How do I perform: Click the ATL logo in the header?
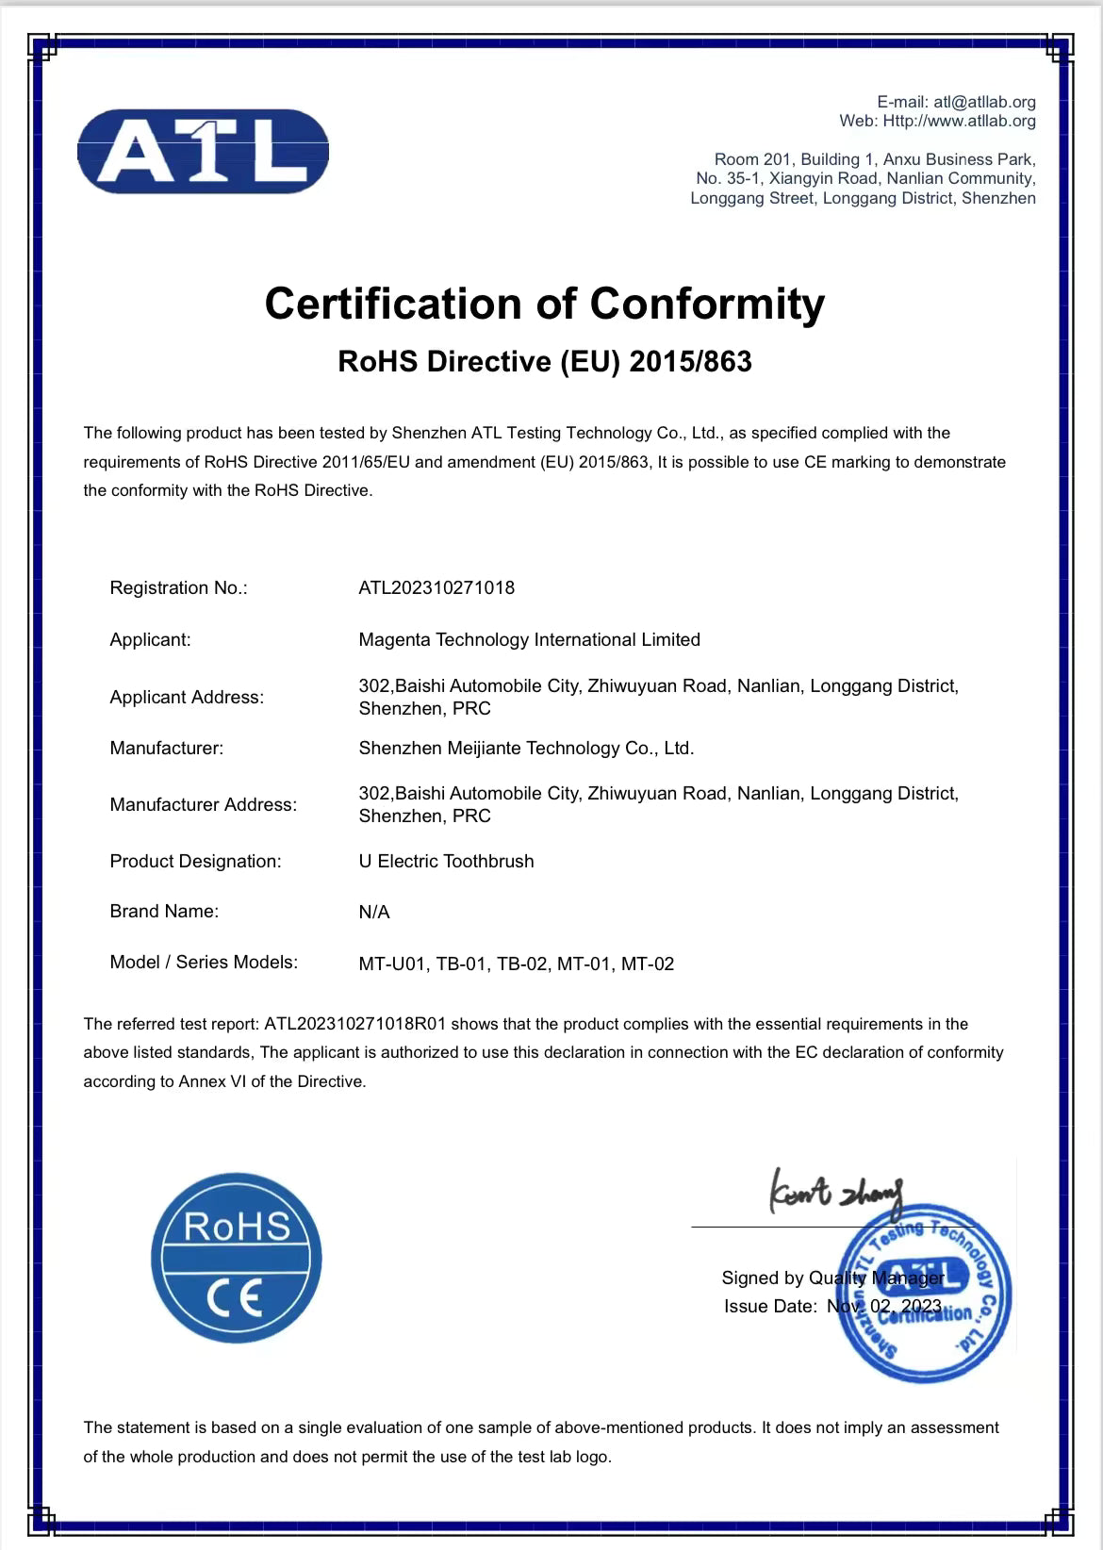(203, 151)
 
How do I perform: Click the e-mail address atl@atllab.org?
(984, 102)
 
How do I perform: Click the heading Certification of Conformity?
(545, 304)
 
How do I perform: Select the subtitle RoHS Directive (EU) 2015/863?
(545, 362)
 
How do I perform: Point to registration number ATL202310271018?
(436, 588)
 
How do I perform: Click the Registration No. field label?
(178, 588)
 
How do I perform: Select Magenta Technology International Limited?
(529, 640)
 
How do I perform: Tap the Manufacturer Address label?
(203, 805)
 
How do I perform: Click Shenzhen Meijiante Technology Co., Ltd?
(526, 749)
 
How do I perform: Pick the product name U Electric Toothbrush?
(446, 862)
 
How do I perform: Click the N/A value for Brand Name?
(373, 913)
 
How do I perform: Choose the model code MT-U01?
(394, 965)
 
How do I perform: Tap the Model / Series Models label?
(204, 963)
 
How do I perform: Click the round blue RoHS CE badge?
(237, 1258)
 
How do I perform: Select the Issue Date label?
(770, 1307)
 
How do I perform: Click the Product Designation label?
(195, 862)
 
